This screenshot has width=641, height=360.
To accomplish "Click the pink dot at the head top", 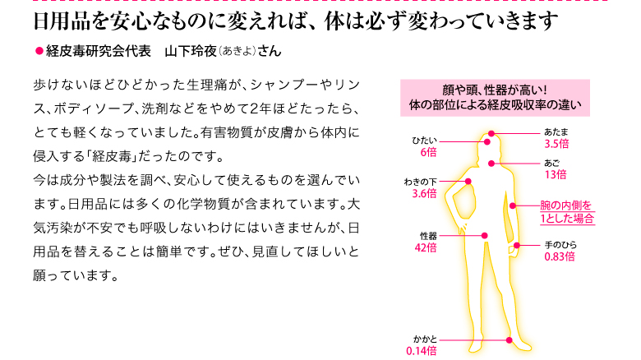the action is [491, 133].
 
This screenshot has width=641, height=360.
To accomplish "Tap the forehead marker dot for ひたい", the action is [487, 142].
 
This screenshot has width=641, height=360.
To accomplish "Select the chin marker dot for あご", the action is [491, 164].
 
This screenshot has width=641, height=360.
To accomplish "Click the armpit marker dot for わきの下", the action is [468, 181].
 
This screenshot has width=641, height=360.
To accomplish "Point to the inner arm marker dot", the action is [513, 205].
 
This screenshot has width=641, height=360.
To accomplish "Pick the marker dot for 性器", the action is [484, 236].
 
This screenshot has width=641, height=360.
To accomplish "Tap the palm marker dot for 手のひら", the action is [517, 246].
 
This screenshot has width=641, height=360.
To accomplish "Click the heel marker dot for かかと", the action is [509, 340].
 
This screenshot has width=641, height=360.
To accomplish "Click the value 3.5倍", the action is [556, 144].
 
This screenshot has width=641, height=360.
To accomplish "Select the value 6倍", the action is [428, 153].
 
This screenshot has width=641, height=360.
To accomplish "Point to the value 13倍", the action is [556, 175].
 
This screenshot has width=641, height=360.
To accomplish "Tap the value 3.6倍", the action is [424, 193].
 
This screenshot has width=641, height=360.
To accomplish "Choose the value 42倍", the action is [426, 247].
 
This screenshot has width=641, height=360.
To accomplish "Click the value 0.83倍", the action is [560, 257].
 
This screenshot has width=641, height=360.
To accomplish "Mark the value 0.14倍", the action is [422, 351].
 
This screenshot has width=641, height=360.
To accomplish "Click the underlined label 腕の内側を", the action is [566, 205].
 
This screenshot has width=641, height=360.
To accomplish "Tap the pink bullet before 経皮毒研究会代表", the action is [39, 51].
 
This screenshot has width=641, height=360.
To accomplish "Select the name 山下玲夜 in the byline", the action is [191, 51].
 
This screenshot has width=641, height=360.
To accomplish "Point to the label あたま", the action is [556, 132].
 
